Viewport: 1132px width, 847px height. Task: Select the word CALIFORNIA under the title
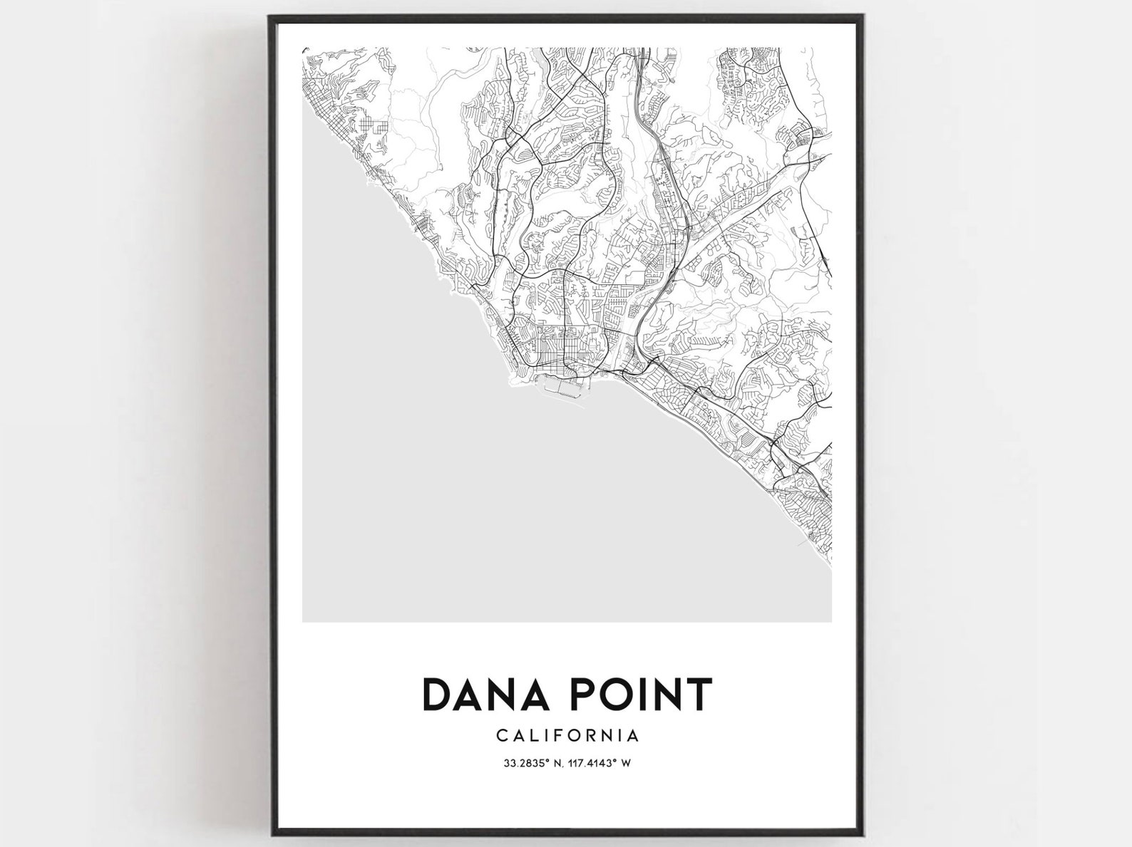pyautogui.click(x=567, y=734)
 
